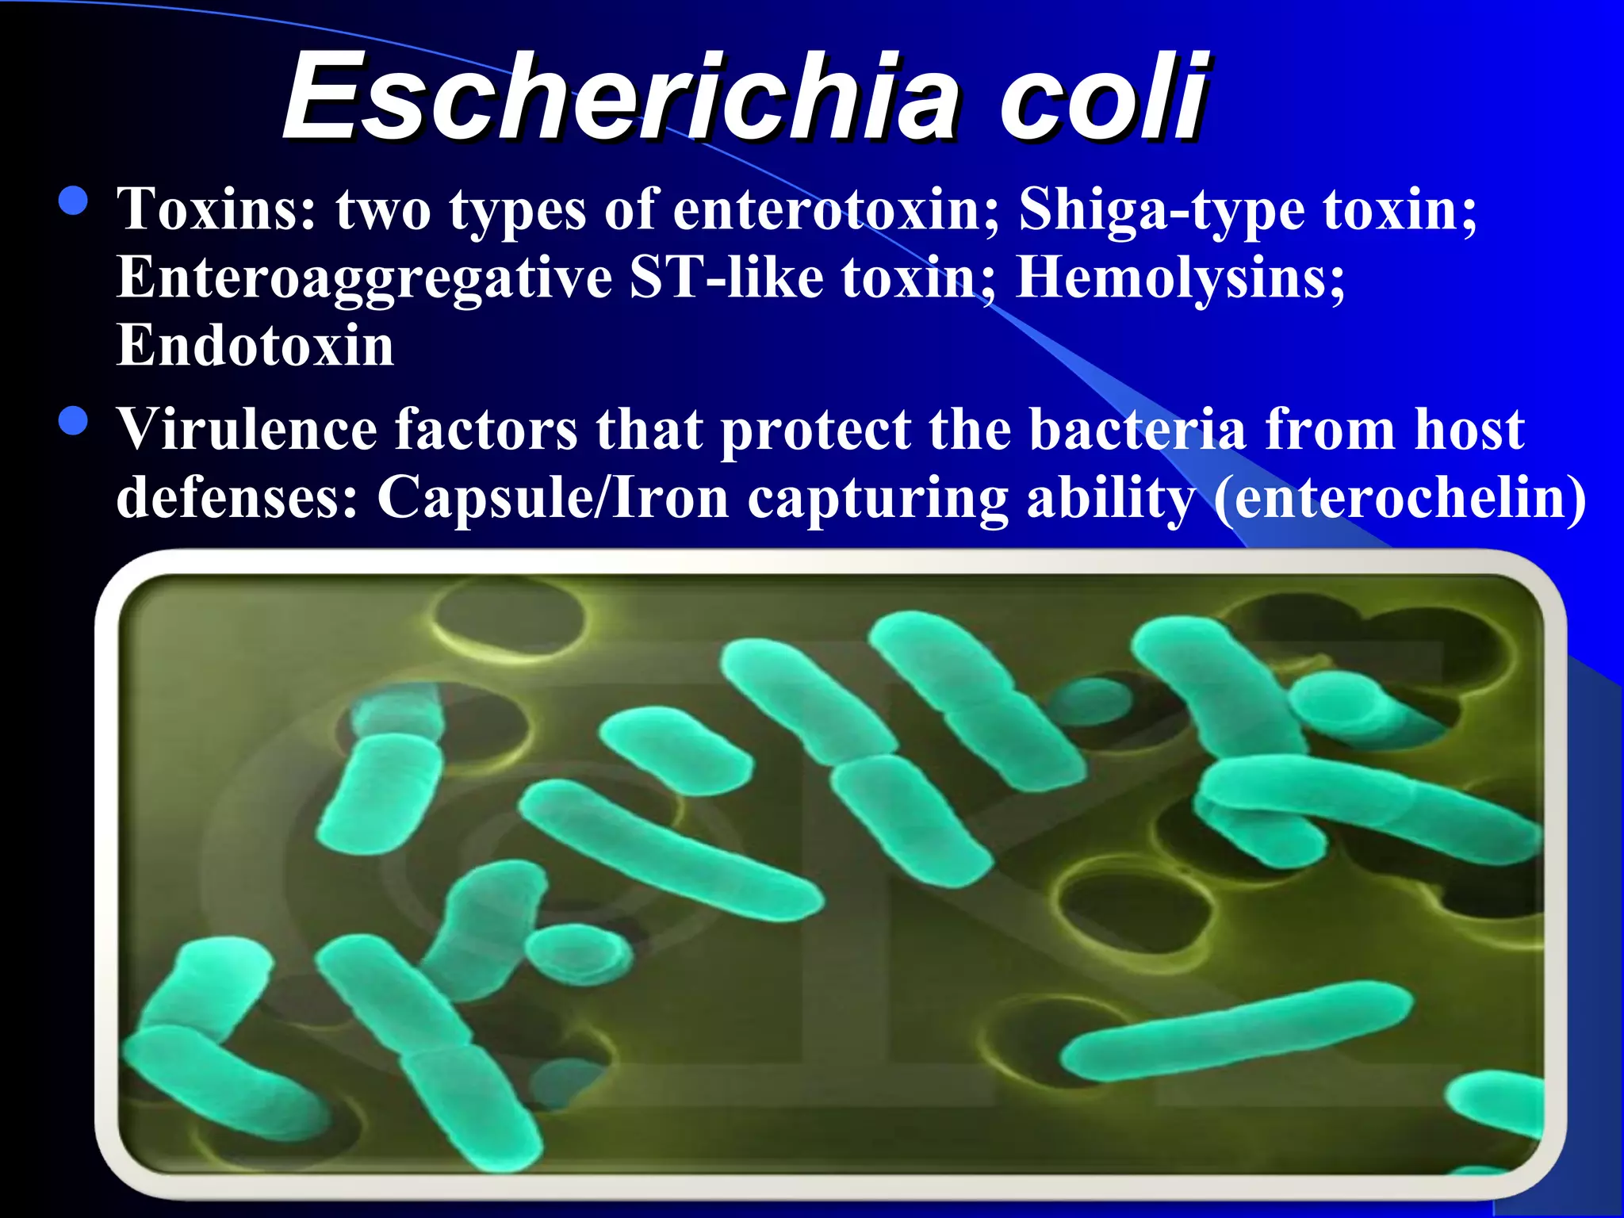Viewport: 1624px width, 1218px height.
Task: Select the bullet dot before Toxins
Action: point(73,201)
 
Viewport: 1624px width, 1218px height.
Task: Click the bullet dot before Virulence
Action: point(73,420)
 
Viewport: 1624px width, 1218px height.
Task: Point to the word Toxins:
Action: point(216,209)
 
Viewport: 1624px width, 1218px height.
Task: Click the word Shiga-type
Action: point(1162,211)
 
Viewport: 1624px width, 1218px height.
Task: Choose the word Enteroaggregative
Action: point(364,279)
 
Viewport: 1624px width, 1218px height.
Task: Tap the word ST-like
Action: point(726,278)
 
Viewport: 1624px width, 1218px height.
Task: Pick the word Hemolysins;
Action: point(1181,279)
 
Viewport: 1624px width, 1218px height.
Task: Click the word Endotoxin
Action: point(255,346)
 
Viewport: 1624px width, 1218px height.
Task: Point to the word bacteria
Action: point(1138,429)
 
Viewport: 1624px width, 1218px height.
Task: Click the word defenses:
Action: point(236,498)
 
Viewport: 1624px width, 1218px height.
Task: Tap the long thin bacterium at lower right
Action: point(1237,1030)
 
